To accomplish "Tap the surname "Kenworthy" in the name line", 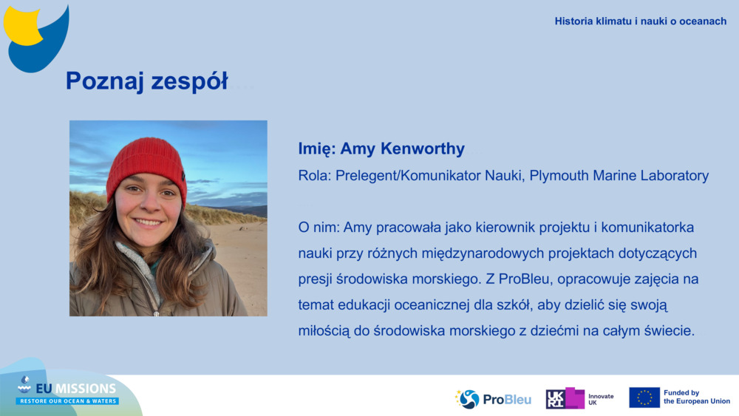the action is coord(423,149).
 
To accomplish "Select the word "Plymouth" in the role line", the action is coord(559,176).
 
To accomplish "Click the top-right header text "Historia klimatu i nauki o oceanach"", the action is coord(641,21).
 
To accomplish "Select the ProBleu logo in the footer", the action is coord(493,399).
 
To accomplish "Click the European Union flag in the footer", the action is coord(644,398).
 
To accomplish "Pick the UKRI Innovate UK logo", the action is coord(579,398).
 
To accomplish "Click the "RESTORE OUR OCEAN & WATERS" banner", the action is coord(68,401).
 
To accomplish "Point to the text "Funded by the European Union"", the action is coord(697,397).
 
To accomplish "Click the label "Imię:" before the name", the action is coord(317,149).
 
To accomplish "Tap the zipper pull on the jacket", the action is coord(156,313).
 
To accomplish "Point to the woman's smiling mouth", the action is coord(148,222).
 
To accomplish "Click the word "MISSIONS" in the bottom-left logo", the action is coord(85,389).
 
